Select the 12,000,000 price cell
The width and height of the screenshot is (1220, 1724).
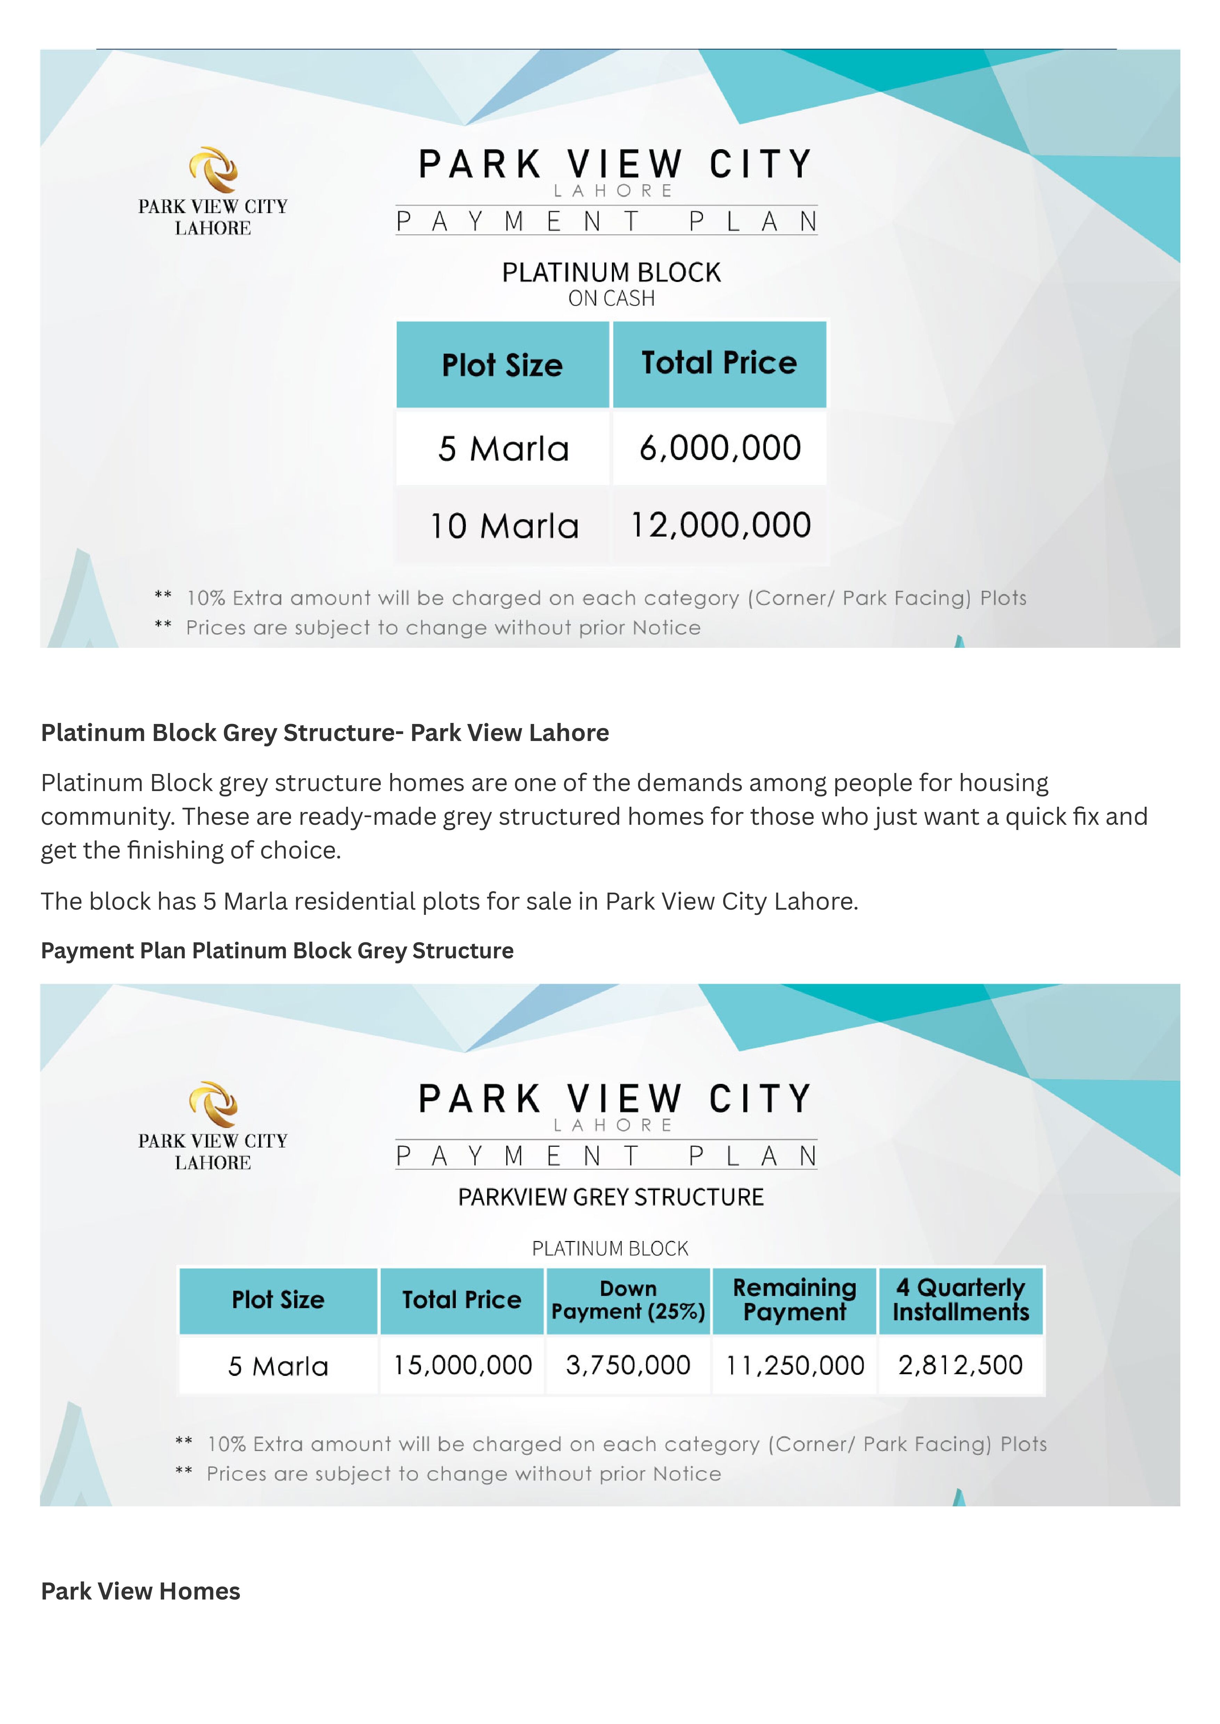coord(720,525)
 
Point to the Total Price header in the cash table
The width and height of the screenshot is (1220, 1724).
coord(719,364)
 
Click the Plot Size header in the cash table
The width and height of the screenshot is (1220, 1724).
coord(502,365)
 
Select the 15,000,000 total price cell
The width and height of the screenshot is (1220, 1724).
coord(462,1365)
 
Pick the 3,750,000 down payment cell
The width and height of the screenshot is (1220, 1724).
coord(628,1365)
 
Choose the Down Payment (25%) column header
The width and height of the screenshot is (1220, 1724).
coord(628,1300)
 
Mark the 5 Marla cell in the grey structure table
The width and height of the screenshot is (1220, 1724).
coord(278,1366)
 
